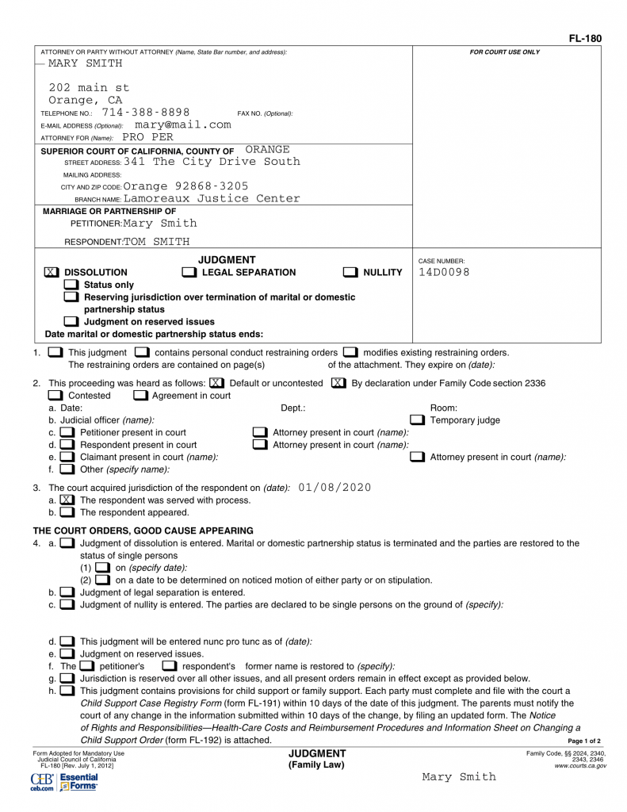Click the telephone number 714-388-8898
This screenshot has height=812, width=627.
point(146,113)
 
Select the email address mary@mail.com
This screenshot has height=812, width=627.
point(183,124)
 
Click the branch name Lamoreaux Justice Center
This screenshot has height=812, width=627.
point(212,198)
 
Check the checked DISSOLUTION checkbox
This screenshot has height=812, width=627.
point(51,272)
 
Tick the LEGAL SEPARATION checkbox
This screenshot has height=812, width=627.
point(189,272)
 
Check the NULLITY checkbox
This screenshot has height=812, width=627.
point(350,272)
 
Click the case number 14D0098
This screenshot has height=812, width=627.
point(444,272)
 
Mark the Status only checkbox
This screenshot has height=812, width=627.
point(71,285)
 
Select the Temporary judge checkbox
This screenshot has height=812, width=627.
point(417,419)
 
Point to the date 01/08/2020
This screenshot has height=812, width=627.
point(335,487)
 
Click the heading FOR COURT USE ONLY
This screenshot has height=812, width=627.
point(504,52)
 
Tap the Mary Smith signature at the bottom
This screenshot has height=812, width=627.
point(459,777)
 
